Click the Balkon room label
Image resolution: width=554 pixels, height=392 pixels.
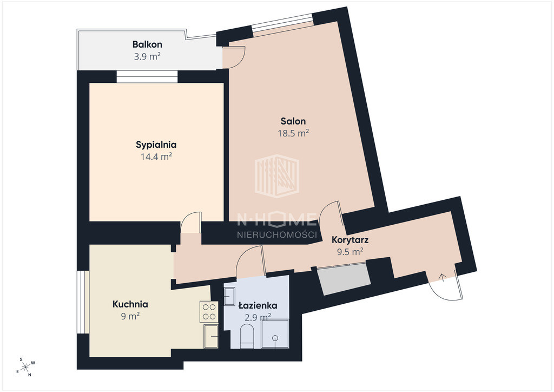tap(147, 44)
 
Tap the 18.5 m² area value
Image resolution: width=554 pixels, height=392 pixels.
tap(293, 133)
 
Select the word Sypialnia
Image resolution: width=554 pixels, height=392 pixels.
tap(156, 145)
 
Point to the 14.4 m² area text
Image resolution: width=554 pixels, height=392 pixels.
tap(156, 156)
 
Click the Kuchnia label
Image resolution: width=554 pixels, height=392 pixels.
tap(130, 304)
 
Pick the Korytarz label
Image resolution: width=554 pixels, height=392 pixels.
tap(350, 240)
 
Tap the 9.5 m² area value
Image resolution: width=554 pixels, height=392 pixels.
tap(350, 252)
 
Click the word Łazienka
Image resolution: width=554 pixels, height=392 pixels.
tap(258, 305)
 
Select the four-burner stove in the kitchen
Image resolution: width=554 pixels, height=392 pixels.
tap(209, 311)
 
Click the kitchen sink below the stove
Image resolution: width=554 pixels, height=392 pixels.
tap(211, 336)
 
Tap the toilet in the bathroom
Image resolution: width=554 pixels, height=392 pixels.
tap(247, 337)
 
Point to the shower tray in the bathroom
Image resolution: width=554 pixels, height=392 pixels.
tap(275, 334)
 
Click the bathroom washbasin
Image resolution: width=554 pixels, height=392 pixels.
tap(229, 296)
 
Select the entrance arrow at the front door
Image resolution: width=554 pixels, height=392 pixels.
tap(441, 277)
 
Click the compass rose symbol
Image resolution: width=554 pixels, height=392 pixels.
tap(25, 367)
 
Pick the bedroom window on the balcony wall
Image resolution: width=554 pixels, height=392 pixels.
tap(147, 77)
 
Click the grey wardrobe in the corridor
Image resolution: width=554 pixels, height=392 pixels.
tap(344, 279)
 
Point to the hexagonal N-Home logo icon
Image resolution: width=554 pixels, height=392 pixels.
tap(277, 175)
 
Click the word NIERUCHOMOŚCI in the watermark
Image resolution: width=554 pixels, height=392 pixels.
tap(276, 234)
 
